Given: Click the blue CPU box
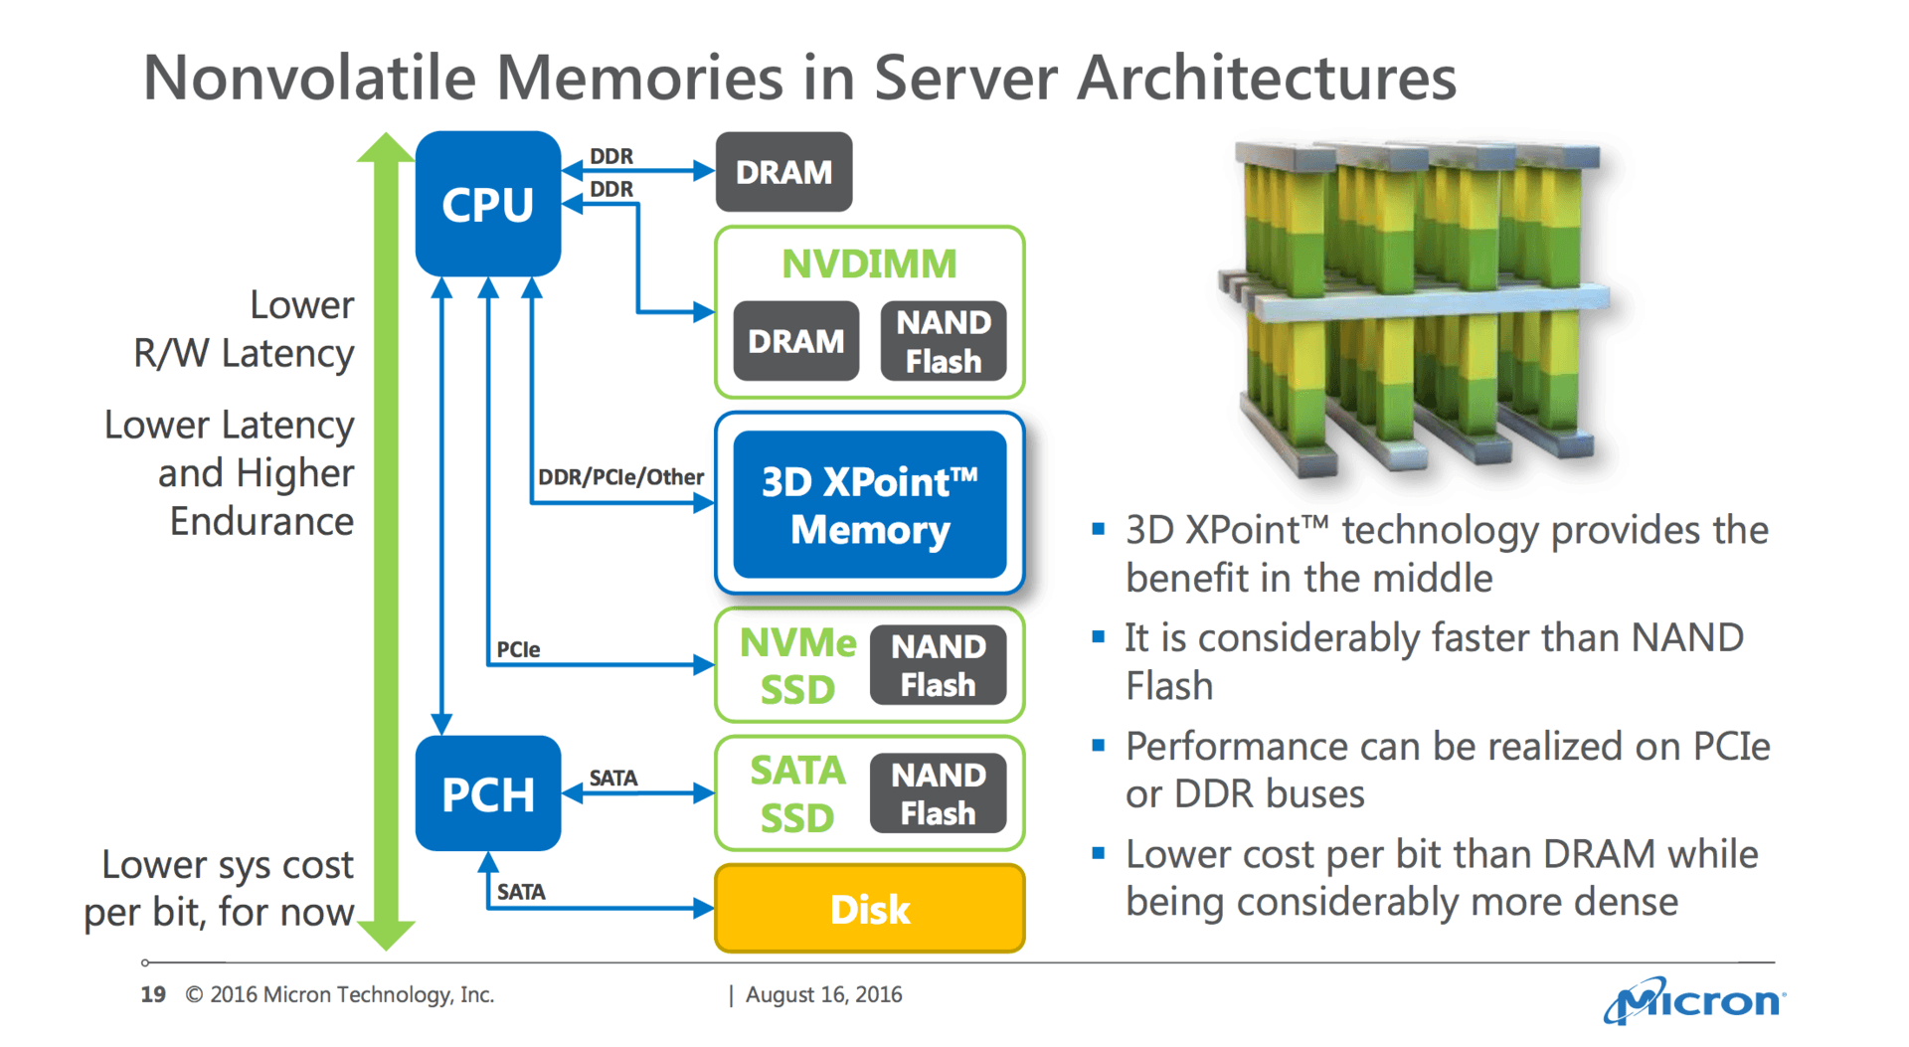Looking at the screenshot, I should point(487,204).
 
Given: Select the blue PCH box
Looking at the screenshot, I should point(487,793).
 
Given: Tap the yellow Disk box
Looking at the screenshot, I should point(869,909).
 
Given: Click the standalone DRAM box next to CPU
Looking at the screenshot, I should point(783,172).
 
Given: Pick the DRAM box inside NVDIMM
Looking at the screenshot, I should point(795,341).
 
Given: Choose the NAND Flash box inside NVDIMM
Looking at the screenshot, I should point(943,341).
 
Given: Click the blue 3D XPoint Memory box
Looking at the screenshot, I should point(869,504).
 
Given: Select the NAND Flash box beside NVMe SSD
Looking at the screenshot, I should point(938,665).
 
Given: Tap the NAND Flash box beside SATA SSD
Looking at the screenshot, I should point(938,793).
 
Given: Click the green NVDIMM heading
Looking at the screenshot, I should point(869,263).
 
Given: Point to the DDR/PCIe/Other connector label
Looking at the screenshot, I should point(620,477).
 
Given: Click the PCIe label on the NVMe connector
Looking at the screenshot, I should point(518,649).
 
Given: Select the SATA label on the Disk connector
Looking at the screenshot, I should point(521,892).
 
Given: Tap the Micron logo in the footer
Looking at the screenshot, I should point(1694,1000).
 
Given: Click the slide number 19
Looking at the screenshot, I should point(153,994).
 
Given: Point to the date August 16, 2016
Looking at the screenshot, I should point(823,994).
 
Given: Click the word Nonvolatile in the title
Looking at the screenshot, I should point(309,78).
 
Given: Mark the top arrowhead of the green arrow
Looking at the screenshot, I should point(386,147).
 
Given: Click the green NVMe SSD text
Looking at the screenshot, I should point(797,665).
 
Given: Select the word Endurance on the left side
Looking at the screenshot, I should point(261,521).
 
